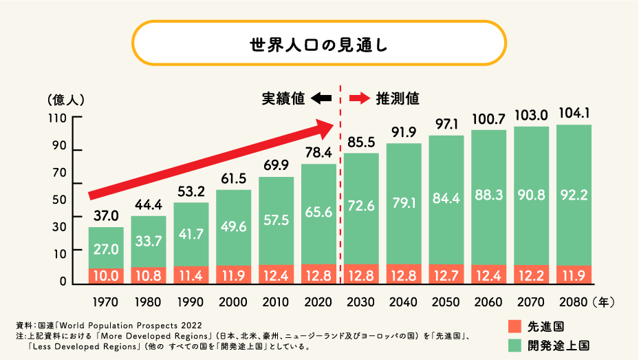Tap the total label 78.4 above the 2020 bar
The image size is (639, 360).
[318, 152]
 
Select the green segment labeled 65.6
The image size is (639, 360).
[318, 213]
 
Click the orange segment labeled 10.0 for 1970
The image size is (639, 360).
[106, 275]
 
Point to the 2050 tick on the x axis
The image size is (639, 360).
[446, 301]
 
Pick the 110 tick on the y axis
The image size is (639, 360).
[56, 118]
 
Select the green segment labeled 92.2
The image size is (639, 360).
[574, 195]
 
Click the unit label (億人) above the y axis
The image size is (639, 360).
[66, 99]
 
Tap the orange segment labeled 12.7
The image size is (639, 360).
[446, 275]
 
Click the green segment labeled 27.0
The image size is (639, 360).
[106, 248]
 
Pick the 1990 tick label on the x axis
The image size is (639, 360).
[191, 301]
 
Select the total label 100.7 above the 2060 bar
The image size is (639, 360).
[489, 118]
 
